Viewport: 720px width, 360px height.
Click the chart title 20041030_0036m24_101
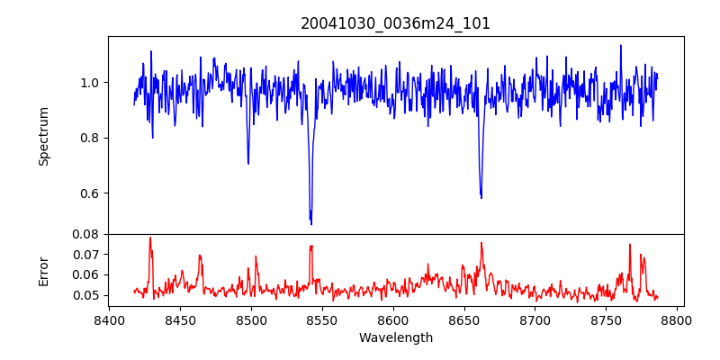point(395,23)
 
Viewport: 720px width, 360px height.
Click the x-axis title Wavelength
point(395,338)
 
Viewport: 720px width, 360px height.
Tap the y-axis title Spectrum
point(43,136)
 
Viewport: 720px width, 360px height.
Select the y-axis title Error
point(43,271)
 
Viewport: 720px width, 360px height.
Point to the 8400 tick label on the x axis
point(109,320)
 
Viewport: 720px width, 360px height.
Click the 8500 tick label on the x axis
point(251,320)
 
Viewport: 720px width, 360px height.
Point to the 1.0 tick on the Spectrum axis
point(90,83)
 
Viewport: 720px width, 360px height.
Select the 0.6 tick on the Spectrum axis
point(90,193)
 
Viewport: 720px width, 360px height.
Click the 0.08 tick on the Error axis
point(86,234)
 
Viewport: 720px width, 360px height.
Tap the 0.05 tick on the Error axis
point(86,295)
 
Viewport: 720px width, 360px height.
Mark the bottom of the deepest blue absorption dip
point(311,224)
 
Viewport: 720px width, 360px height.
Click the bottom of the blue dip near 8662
point(481,197)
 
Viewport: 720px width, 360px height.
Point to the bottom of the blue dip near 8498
point(248,163)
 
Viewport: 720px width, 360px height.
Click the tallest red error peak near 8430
point(150,238)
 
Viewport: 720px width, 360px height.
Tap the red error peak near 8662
point(481,243)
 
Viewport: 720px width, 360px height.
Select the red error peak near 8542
point(310,246)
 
